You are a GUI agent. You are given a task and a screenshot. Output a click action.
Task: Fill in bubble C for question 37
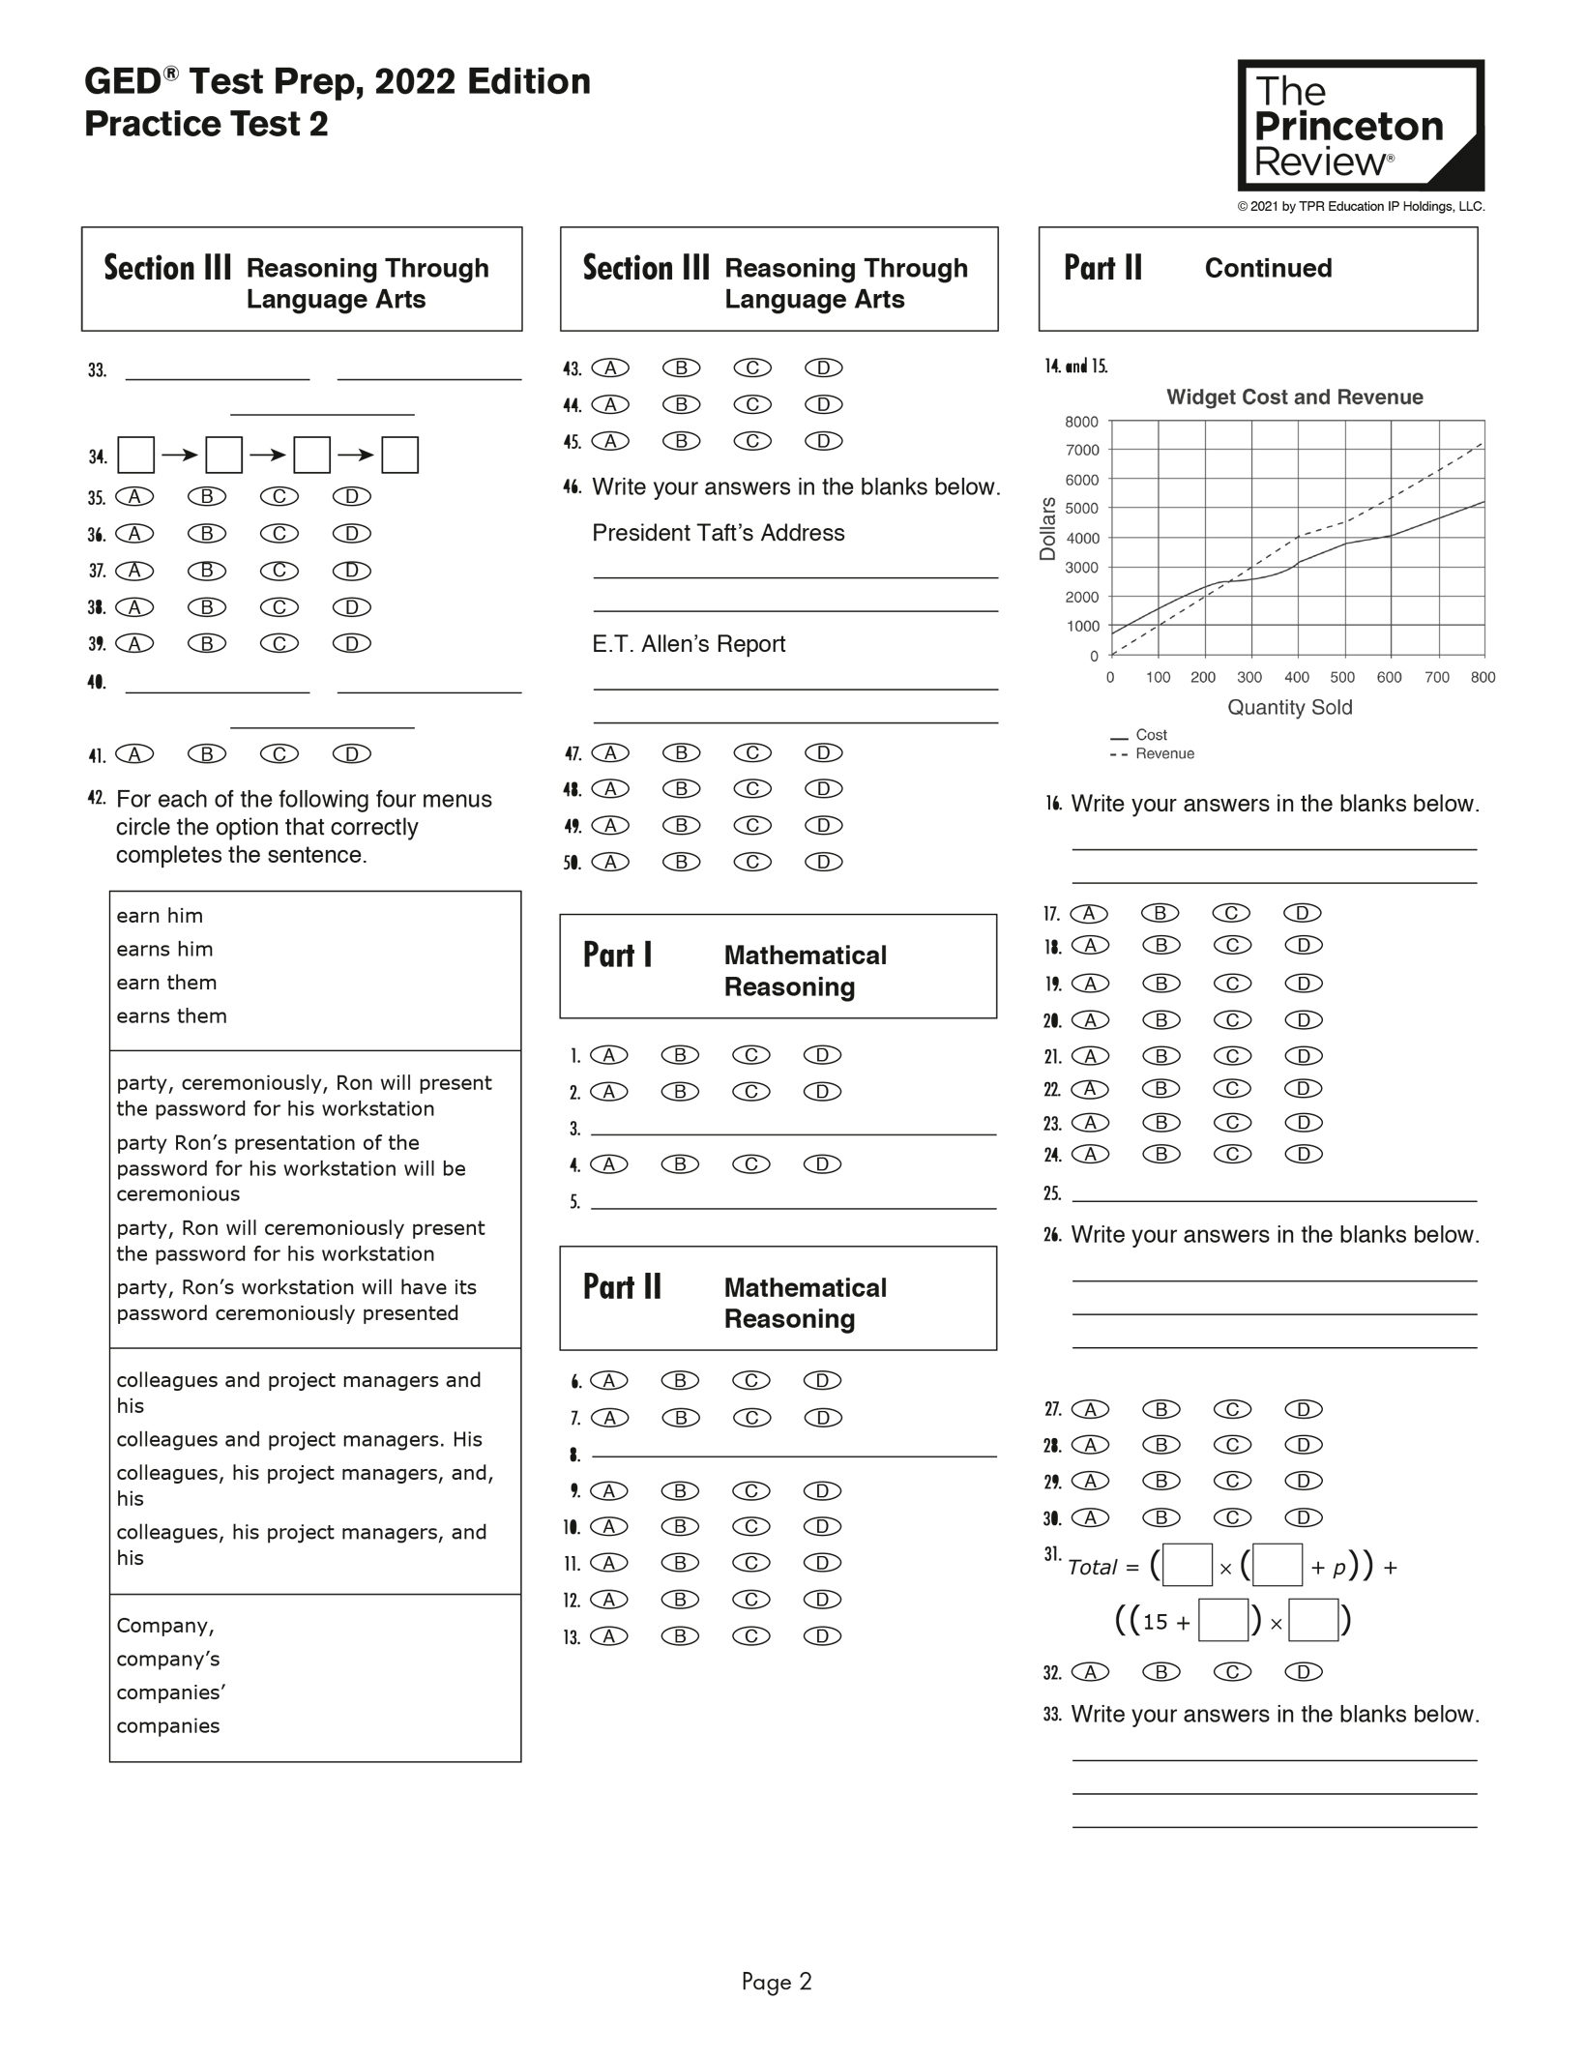click(279, 571)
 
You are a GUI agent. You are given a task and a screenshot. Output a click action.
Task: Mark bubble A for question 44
click(610, 404)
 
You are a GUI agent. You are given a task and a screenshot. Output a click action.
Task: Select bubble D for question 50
click(824, 862)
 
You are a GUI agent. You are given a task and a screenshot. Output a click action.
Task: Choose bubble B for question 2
click(680, 1092)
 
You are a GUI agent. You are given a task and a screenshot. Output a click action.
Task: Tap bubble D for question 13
click(823, 1636)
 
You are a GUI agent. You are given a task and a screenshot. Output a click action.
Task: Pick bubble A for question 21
click(1090, 1056)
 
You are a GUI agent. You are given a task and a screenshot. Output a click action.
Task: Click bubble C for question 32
click(1233, 1672)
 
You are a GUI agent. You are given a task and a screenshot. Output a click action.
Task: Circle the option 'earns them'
click(172, 1015)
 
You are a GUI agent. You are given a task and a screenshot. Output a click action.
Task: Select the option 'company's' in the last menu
click(168, 1659)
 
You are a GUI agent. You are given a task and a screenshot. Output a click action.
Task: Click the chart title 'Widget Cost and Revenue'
click(1294, 397)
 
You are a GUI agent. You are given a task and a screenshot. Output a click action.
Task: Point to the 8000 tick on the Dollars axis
click(1082, 422)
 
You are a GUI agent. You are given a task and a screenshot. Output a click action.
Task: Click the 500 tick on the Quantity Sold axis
click(1342, 677)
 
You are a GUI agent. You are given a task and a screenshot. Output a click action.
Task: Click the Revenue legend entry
click(1164, 753)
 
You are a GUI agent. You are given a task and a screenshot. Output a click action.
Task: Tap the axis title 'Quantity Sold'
click(1289, 707)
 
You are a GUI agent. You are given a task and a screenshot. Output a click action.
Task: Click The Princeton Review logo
click(1361, 126)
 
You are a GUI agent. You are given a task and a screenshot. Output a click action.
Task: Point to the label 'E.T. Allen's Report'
click(689, 644)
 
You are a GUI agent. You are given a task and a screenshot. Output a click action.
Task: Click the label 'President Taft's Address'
click(718, 533)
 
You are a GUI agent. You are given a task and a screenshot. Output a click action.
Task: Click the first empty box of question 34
click(135, 456)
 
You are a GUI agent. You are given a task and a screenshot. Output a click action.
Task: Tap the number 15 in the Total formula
click(1156, 1622)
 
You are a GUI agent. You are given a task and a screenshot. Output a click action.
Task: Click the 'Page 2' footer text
click(777, 1982)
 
